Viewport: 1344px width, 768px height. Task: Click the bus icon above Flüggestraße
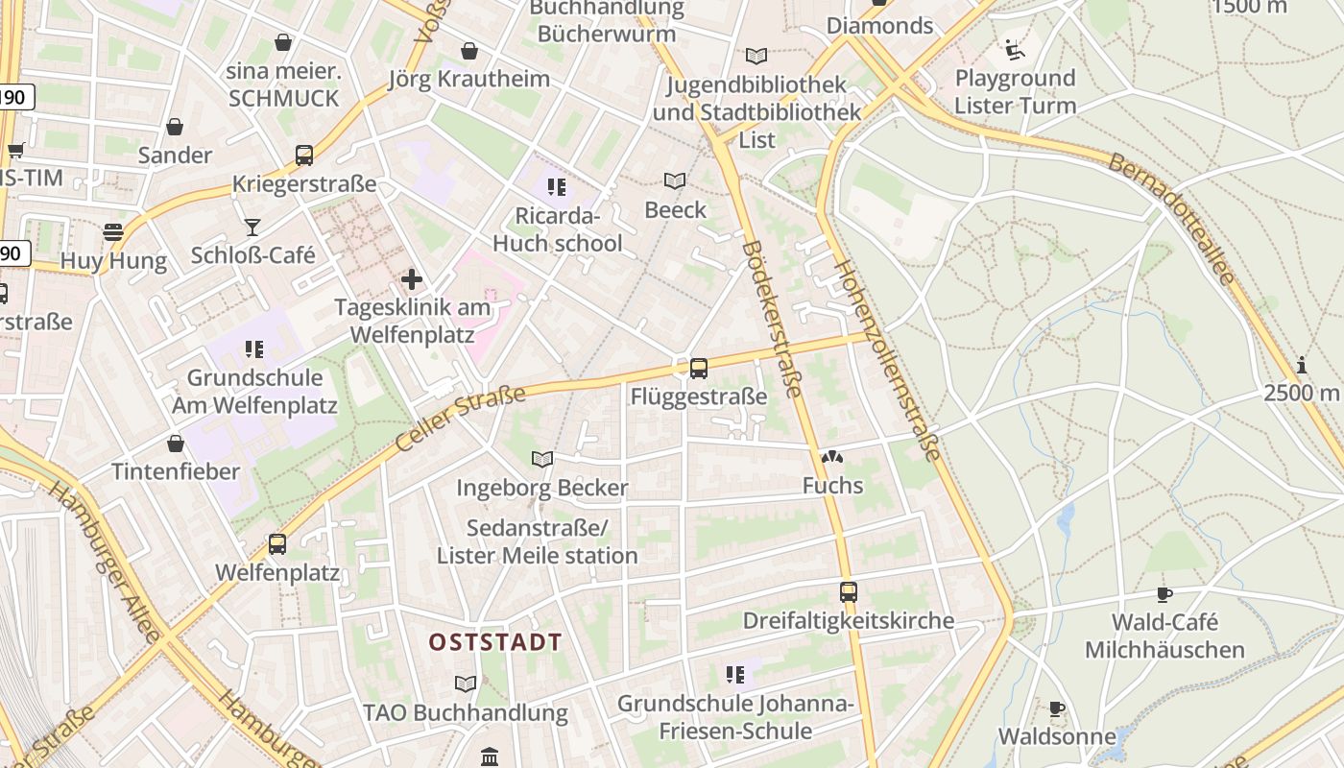pyautogui.click(x=699, y=368)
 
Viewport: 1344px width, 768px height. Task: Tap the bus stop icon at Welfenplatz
pyautogui.click(x=277, y=544)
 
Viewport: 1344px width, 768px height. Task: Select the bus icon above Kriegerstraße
pyautogui.click(x=304, y=155)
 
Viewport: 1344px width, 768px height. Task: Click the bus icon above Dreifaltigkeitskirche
pyautogui.click(x=848, y=591)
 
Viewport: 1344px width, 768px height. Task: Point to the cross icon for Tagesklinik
pyautogui.click(x=412, y=279)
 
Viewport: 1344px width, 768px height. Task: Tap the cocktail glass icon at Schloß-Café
pyautogui.click(x=252, y=227)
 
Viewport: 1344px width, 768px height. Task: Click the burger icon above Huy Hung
pyautogui.click(x=113, y=231)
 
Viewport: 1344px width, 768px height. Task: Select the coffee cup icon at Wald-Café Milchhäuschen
pyautogui.click(x=1164, y=594)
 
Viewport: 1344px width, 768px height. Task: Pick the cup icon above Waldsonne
pyautogui.click(x=1057, y=708)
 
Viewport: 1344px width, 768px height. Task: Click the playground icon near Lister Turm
pyautogui.click(x=1013, y=49)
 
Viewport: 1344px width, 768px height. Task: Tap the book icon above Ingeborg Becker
pyautogui.click(x=542, y=459)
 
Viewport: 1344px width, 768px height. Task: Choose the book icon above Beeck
pyautogui.click(x=676, y=180)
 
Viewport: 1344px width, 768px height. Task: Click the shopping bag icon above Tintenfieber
pyautogui.click(x=175, y=444)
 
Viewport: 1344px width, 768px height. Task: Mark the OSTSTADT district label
pyautogui.click(x=495, y=641)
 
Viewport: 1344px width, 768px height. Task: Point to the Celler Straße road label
pyautogui.click(x=461, y=419)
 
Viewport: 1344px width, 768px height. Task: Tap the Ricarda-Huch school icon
pyautogui.click(x=557, y=186)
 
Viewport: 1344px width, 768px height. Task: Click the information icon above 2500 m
pyautogui.click(x=1302, y=365)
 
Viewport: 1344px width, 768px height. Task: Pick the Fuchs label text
pyautogui.click(x=833, y=486)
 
